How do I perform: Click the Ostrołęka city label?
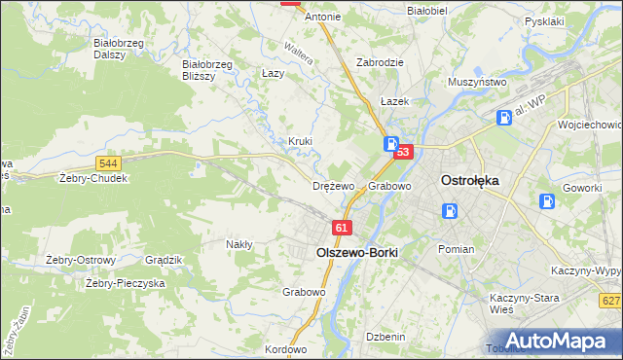tap(470, 180)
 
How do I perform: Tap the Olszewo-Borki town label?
tap(356, 250)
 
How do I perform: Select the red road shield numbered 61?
tap(340, 228)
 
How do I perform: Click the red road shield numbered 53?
tap(405, 152)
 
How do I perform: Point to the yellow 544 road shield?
tap(109, 163)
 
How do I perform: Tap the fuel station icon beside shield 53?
tap(390, 144)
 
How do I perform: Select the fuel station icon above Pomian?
tap(449, 211)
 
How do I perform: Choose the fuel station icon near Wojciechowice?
tap(504, 118)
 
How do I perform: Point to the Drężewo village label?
tap(334, 186)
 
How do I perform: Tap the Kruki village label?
tap(300, 141)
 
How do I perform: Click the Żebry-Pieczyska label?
tap(125, 283)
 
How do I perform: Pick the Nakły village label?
tap(239, 244)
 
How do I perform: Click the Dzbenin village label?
tap(385, 336)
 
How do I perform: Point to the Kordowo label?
tap(285, 349)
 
